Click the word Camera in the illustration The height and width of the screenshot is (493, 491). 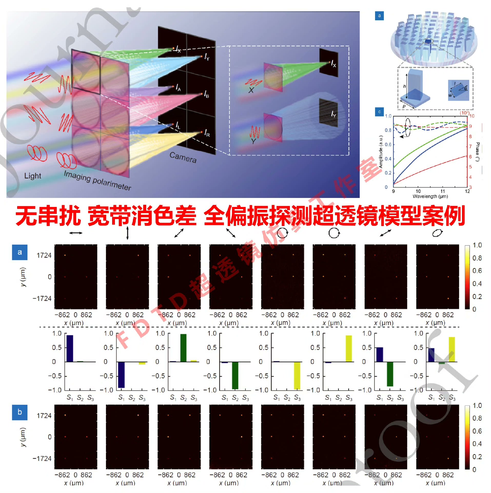[183, 157]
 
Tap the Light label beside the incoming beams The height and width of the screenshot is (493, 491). [33, 176]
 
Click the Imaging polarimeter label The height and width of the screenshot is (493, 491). [97, 180]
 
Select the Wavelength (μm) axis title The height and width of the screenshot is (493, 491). [430, 196]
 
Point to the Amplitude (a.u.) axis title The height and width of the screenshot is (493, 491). [381, 151]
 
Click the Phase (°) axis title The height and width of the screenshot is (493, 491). [477, 151]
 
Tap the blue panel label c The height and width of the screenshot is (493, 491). [379, 112]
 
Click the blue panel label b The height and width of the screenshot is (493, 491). [19, 412]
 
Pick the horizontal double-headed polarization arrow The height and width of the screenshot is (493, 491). [76, 233]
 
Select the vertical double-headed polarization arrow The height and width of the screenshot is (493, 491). [127, 233]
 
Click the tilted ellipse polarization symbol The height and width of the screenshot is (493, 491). [437, 233]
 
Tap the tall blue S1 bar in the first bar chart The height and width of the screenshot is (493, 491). [70, 348]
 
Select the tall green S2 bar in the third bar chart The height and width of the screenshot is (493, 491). [183, 348]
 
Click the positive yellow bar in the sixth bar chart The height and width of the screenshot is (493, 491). [349, 348]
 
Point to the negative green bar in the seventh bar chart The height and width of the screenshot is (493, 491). [390, 374]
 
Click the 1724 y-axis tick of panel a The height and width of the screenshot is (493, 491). [44, 255]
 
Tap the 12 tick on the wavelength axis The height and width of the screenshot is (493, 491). [467, 191]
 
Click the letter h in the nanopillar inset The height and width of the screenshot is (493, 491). [405, 86]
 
